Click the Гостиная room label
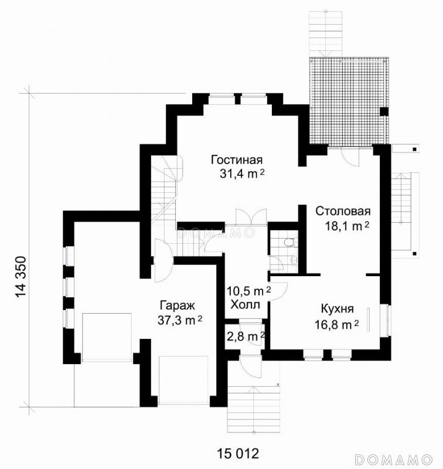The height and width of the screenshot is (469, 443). point(237,159)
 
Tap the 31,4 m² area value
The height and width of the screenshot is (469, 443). point(242,174)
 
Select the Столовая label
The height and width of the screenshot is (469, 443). point(343,211)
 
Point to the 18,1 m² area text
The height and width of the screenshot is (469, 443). point(347,226)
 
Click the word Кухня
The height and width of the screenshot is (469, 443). point(337,309)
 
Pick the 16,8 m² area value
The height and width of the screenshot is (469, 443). point(336,324)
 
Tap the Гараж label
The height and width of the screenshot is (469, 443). point(178,305)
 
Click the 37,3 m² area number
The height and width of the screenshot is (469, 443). point(180,320)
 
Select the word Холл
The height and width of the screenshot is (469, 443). point(246,305)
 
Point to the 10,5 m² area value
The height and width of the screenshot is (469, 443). point(248,290)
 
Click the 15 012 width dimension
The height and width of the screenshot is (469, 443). point(238,453)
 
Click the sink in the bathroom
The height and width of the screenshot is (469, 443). point(294,260)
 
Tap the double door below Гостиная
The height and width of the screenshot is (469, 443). point(251,217)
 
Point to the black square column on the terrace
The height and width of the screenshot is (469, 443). point(384,111)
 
